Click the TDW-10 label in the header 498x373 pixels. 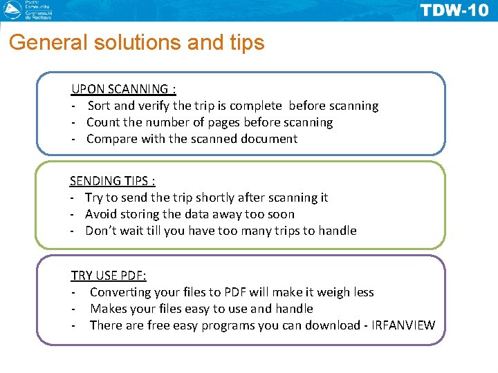454,10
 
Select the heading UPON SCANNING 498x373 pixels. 124,89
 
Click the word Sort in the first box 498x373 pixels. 99,106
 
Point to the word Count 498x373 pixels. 103,122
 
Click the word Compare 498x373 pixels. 112,139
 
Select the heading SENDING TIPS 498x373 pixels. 112,181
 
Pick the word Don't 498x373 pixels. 100,231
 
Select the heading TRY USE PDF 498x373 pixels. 109,276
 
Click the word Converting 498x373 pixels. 124,292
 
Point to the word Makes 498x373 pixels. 107,309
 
